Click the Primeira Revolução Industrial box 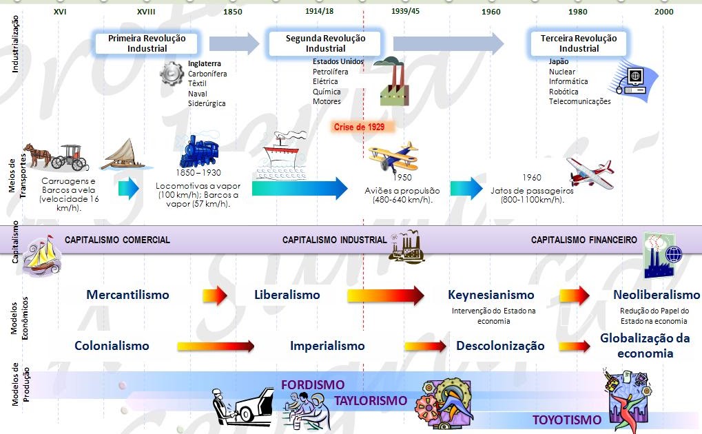tap(147, 43)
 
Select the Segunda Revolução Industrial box tap(326, 43)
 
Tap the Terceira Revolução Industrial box tap(579, 43)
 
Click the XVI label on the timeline tap(60, 12)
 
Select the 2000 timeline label tap(664, 12)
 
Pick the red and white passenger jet tap(590, 171)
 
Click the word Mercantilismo tap(127, 295)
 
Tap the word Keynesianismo tap(491, 295)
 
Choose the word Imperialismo tap(327, 345)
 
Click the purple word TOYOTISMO tap(566, 420)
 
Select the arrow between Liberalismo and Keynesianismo tap(385, 296)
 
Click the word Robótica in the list tap(564, 92)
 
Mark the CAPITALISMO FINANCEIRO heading tap(584, 240)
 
